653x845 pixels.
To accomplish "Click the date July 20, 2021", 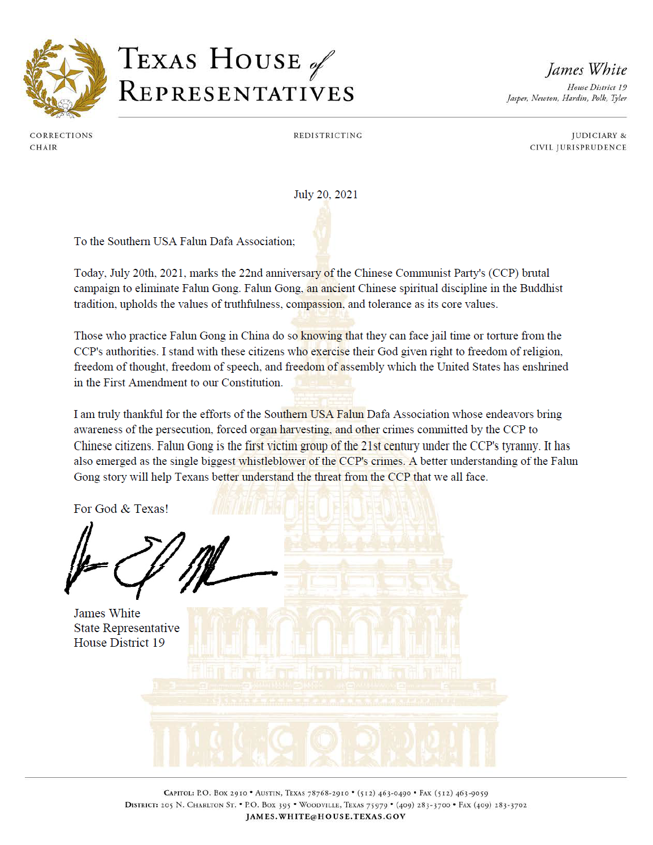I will coord(325,195).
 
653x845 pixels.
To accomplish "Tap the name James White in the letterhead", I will coord(586,70).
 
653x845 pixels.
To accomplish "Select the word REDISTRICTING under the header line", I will coord(328,136).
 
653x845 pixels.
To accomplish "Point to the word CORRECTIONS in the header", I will coord(61,136).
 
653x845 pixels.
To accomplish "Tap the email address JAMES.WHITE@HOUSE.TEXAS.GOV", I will coord(325,817).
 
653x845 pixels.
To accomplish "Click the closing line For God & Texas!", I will coord(121,509).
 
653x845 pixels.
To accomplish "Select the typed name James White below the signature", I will coord(107,613).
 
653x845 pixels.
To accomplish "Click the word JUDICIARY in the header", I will coord(594,136).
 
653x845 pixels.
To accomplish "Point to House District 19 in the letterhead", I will coord(597,88).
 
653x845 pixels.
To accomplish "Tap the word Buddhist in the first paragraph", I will coord(541,289).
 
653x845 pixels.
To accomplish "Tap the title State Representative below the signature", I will coord(127,628).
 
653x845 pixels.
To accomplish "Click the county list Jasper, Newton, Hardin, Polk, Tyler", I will coord(567,98).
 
